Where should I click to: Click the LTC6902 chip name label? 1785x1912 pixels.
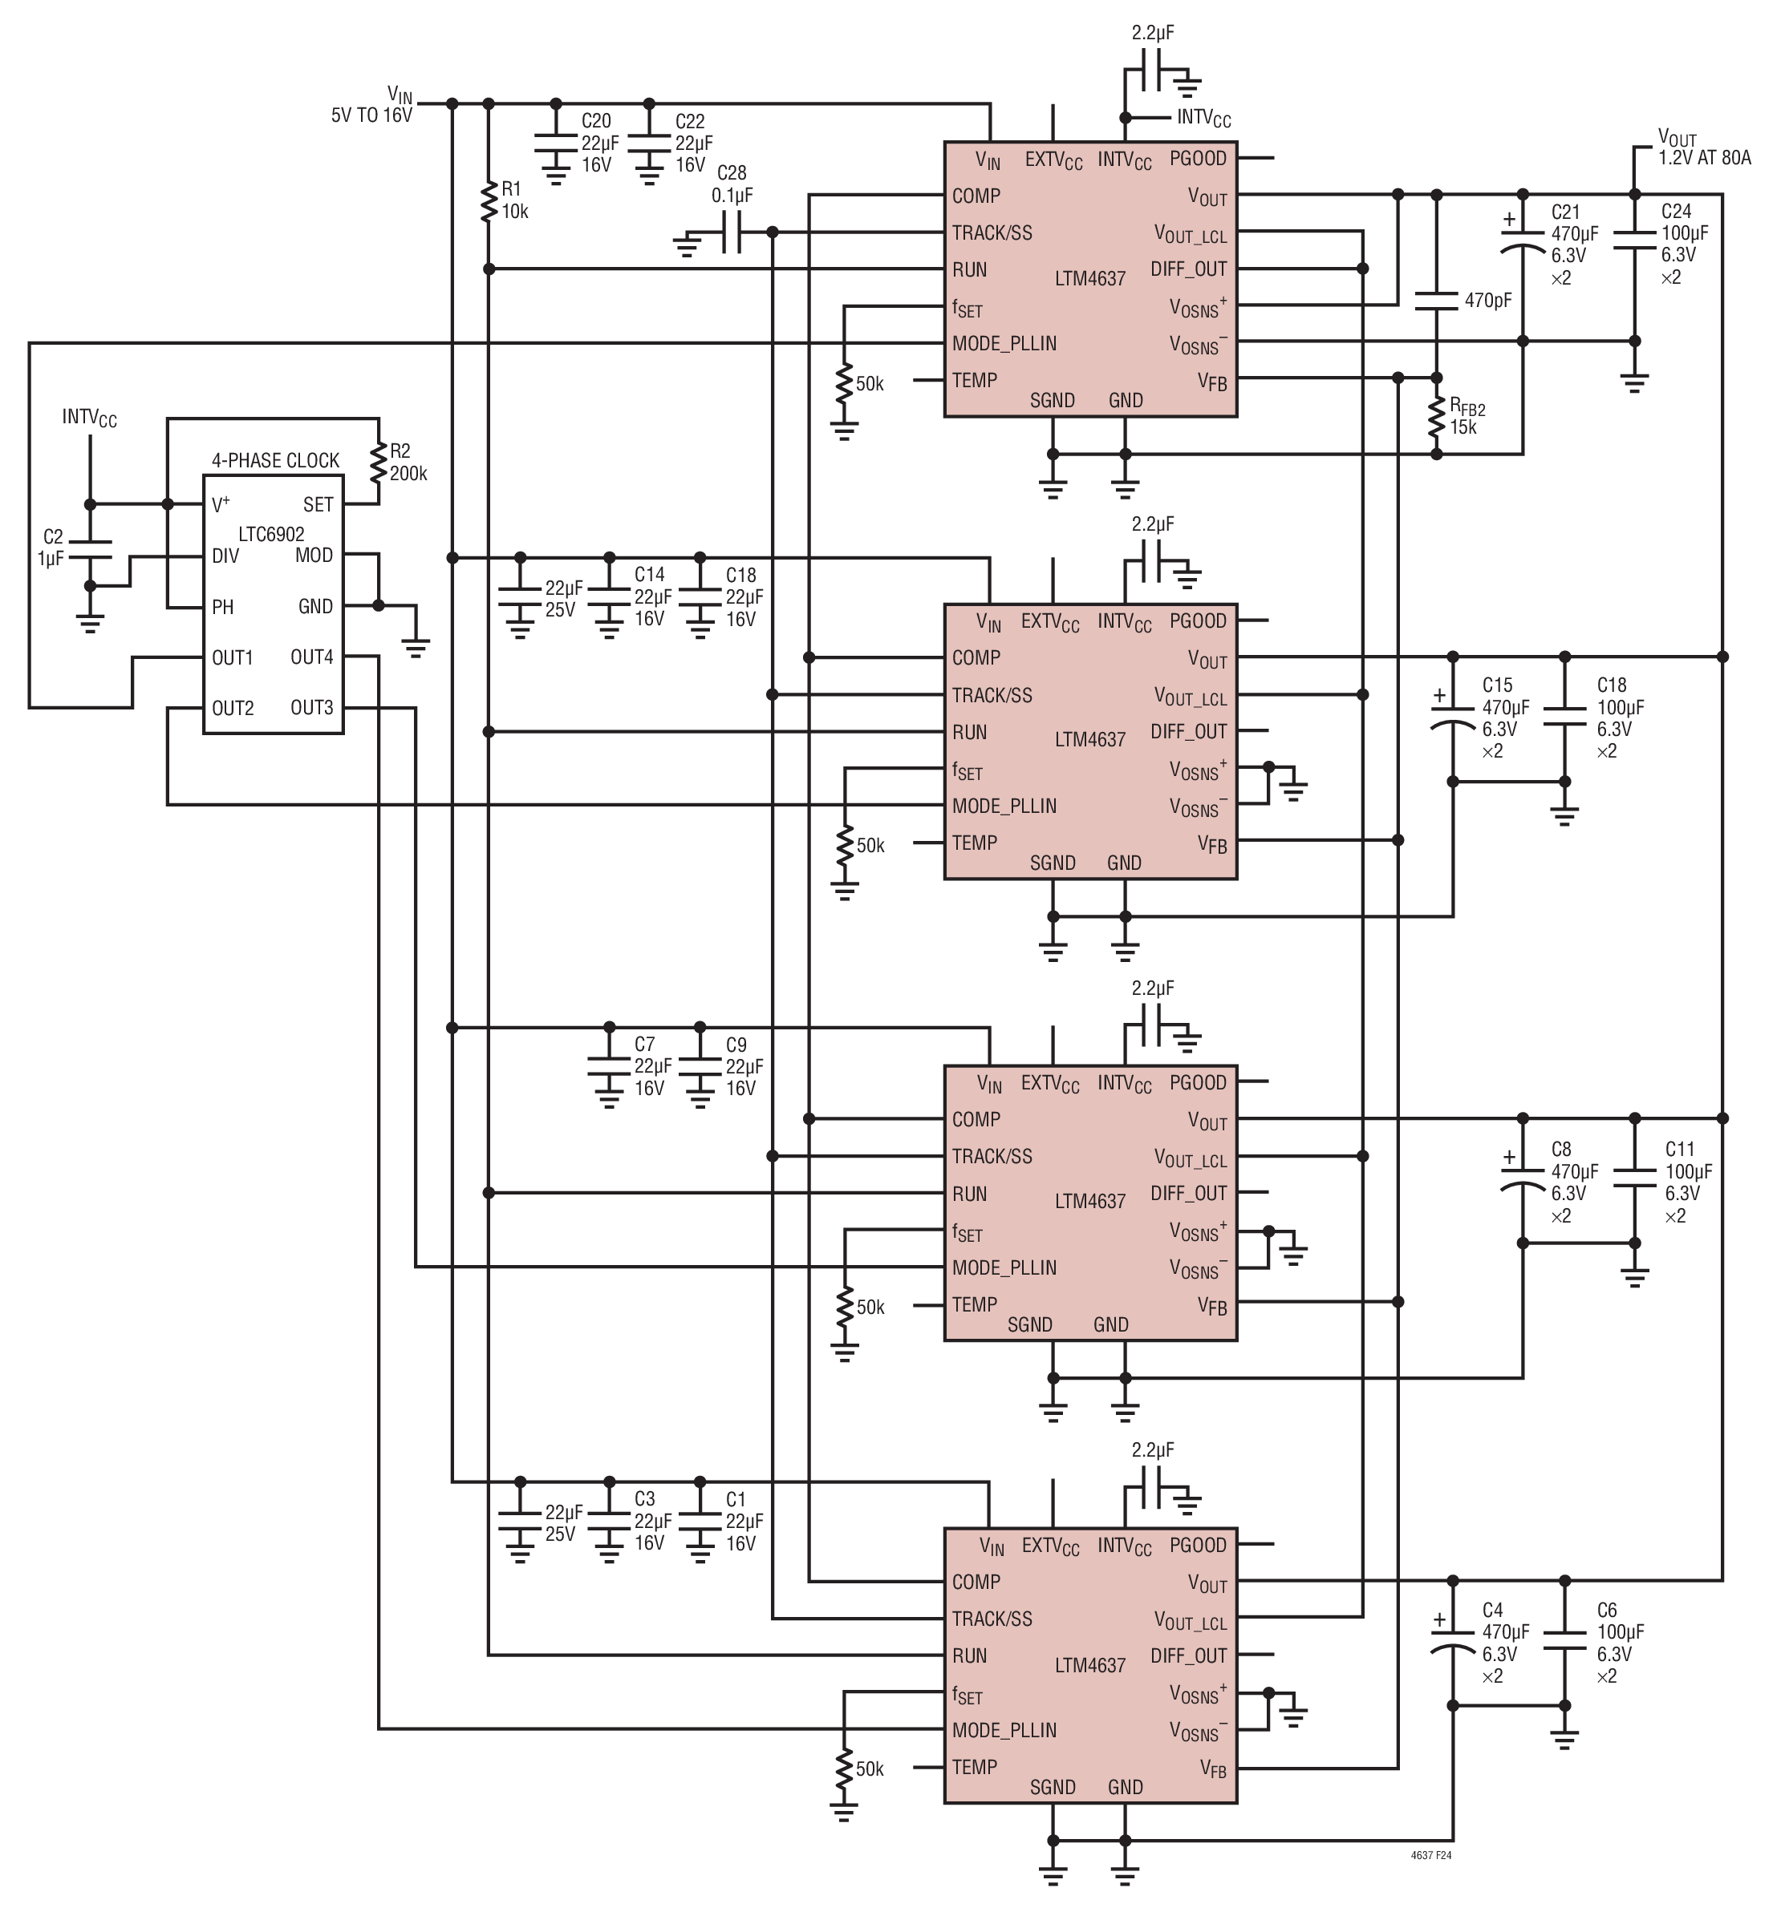[x=271, y=534]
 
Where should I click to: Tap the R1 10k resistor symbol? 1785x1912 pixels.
[x=489, y=201]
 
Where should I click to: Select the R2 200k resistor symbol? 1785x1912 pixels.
[x=378, y=462]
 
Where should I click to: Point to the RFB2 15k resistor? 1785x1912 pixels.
[x=1437, y=418]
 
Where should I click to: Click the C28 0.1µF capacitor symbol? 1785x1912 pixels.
[x=732, y=232]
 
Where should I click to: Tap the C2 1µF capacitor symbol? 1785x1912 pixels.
[x=91, y=549]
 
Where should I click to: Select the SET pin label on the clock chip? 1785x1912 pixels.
[x=318, y=505]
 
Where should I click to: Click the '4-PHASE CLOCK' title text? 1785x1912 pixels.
[x=275, y=461]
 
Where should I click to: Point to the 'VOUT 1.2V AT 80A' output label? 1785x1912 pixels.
[x=1704, y=148]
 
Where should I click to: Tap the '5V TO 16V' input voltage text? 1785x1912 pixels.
[x=371, y=115]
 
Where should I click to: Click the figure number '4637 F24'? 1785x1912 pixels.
[x=1431, y=1855]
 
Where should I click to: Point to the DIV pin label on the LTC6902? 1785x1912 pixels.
[x=225, y=556]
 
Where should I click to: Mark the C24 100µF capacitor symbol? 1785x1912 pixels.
[x=1634, y=240]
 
